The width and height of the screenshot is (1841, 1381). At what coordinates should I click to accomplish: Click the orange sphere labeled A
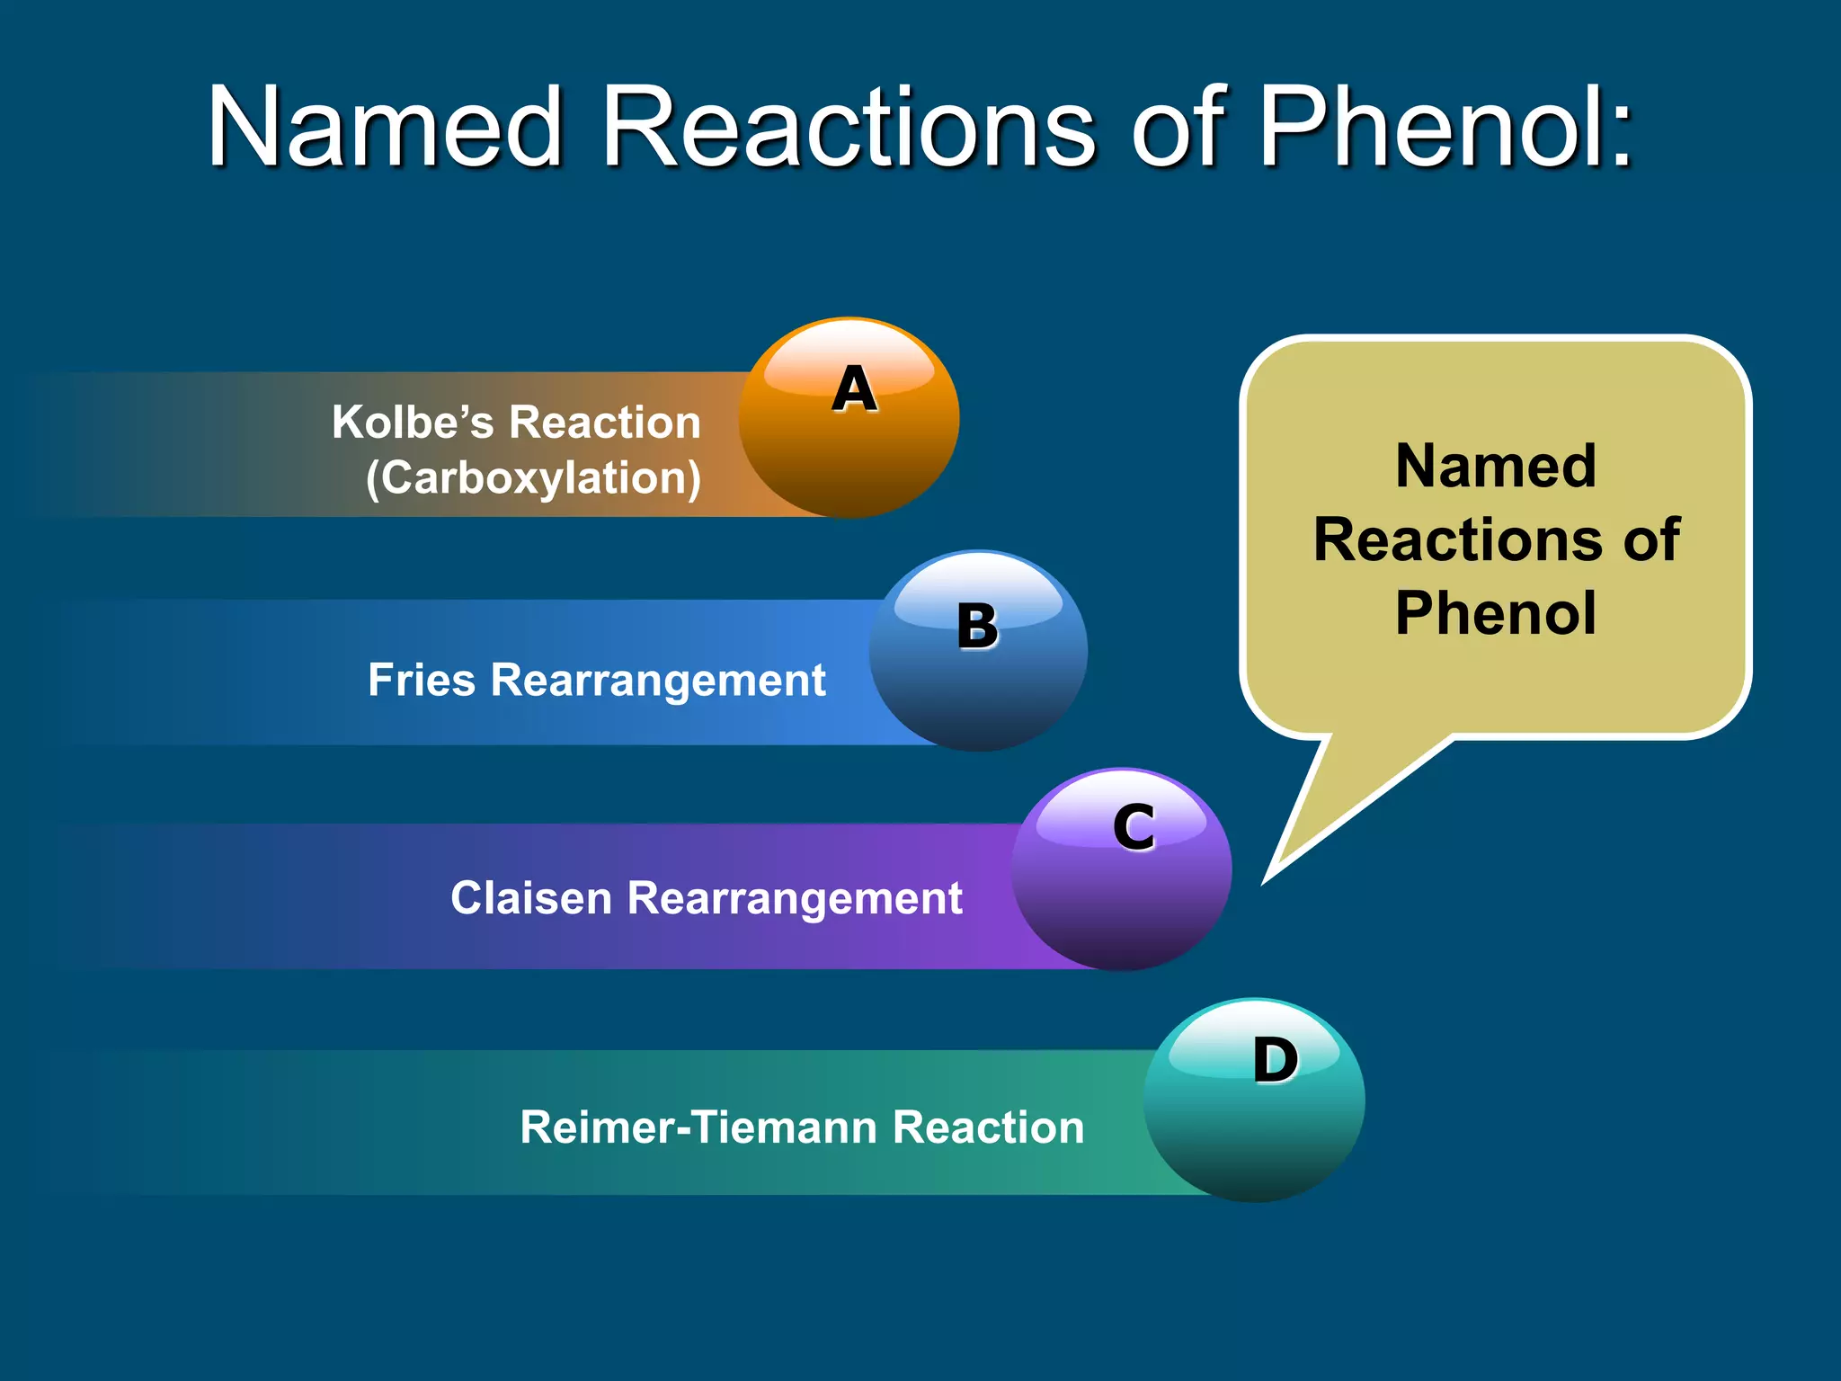pos(849,418)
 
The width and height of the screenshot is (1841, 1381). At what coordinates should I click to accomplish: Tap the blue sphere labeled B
pos(978,651)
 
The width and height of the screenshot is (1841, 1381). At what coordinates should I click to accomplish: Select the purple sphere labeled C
pos(1121,869)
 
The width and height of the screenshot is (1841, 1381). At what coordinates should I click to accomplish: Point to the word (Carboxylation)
pos(533,478)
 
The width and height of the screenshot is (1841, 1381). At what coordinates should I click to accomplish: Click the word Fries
pos(421,680)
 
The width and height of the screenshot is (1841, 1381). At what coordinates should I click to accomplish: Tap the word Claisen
pos(530,898)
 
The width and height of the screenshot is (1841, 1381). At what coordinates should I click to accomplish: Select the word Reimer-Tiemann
pos(698,1127)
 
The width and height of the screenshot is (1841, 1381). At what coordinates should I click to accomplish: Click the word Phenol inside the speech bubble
pos(1496,613)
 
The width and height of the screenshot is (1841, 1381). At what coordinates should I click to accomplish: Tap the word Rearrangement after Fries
pos(658,682)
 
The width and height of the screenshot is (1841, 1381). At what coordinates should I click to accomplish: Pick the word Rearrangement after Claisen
pos(795,899)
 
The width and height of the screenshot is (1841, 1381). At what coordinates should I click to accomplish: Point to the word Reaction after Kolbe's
pos(605,422)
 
